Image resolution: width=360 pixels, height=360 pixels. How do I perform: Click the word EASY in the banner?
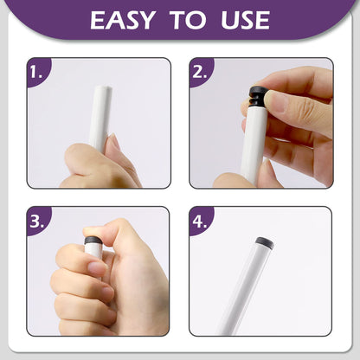click(x=123, y=20)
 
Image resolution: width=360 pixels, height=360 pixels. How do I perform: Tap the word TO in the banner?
click(x=188, y=20)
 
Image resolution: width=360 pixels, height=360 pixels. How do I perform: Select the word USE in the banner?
click(x=245, y=20)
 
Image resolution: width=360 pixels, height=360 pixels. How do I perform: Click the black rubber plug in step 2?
click(x=259, y=96)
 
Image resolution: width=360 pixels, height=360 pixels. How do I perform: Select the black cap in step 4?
click(x=265, y=242)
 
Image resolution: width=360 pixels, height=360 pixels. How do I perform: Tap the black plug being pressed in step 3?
click(x=93, y=241)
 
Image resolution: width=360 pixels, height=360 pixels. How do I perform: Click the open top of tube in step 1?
click(x=103, y=87)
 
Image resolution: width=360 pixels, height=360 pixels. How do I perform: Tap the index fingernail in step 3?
click(x=96, y=267)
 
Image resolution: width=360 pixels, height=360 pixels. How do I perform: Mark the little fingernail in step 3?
click(x=106, y=312)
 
